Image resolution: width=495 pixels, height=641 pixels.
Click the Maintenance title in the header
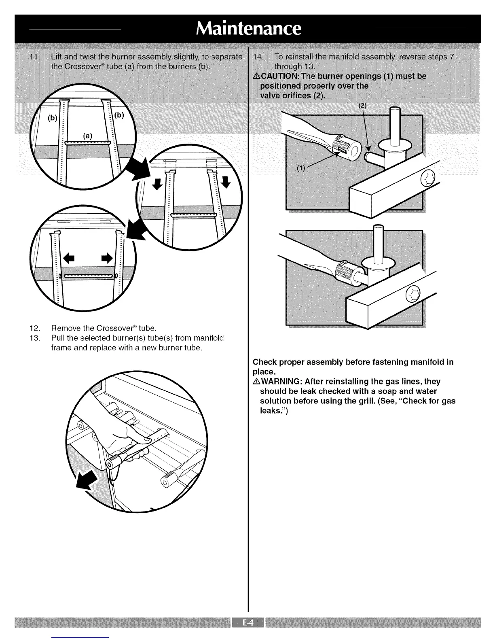pyautogui.click(x=248, y=29)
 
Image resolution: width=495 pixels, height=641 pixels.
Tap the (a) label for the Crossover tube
pyautogui.click(x=88, y=136)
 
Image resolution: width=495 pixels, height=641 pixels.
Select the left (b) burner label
pyautogui.click(x=52, y=118)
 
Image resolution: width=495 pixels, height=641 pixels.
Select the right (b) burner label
pyautogui.click(x=119, y=115)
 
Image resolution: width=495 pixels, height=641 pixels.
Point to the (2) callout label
pyautogui.click(x=362, y=106)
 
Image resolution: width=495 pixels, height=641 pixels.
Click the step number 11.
pyautogui.click(x=35, y=56)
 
